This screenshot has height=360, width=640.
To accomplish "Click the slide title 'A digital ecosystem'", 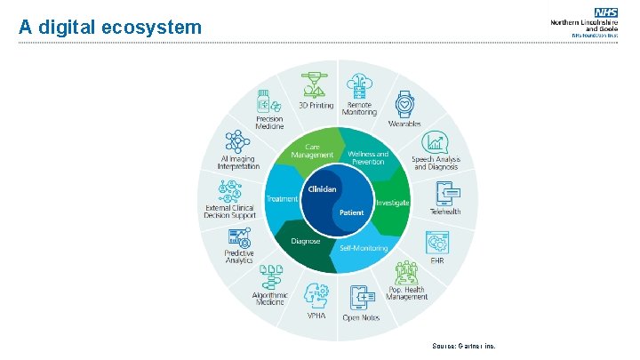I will coord(110,28).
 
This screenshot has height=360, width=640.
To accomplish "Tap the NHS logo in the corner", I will coord(607,13).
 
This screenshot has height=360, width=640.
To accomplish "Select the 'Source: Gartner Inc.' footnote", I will coord(462,346).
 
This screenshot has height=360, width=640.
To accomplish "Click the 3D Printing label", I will coord(316,105).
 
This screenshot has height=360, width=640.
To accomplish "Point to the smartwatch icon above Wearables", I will coord(404,104).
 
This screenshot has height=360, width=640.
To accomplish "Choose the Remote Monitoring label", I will coord(360,108).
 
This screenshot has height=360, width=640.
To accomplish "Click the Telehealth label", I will coord(445,212).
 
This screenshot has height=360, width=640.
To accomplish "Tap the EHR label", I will coord(436,261).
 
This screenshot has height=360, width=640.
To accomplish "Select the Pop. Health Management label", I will coord(407,293).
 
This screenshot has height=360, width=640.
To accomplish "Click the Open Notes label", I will coord(362,317).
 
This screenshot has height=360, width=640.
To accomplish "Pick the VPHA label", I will coord(316,316).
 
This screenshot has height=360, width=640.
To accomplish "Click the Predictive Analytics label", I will coord(239,257).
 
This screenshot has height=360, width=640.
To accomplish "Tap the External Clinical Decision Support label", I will coord(230,212).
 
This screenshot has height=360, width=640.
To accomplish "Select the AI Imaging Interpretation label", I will coord(239,163).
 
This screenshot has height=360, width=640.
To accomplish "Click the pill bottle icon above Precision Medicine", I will coord(264,100).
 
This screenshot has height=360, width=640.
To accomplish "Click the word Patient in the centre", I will coord(351,213).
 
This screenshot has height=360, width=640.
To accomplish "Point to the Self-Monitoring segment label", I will coord(364,248).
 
